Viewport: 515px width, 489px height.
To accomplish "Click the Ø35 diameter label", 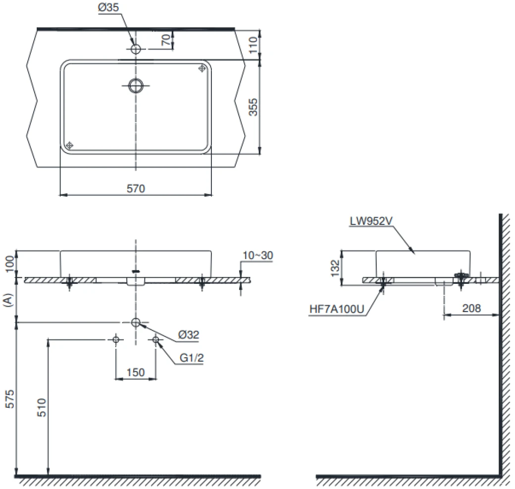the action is pos(108,7).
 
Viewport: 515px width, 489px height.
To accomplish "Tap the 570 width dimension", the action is pos(136,189).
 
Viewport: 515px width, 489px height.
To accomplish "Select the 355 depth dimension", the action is pos(253,107).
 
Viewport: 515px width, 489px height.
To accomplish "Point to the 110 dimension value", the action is pos(253,45).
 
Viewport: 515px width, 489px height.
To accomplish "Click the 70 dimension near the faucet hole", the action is pos(166,40).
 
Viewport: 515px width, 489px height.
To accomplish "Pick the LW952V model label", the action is pos(371,221).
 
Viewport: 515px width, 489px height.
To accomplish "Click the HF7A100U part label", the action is pos(337,309).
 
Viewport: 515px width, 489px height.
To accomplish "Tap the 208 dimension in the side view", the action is pos(471,308).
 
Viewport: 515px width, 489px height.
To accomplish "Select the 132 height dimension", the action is pos(335,268).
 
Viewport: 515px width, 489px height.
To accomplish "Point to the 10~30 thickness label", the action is pos(258,255).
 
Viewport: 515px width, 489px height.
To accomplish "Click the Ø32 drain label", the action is pos(189,335).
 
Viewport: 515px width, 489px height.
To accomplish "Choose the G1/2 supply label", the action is pos(192,358).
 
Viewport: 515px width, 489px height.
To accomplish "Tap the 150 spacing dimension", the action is pos(135,373).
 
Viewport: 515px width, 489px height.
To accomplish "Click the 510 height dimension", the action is pos(42,407).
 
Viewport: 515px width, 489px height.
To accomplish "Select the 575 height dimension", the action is pos(10,399).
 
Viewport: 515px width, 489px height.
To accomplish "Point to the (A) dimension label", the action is pos(8,300).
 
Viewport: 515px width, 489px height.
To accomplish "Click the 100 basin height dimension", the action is pos(10,264).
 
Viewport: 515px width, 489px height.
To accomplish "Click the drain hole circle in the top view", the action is pos(136,86).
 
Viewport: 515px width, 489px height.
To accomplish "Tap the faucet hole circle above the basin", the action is pos(136,49).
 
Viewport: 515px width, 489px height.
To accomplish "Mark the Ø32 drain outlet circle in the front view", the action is pos(136,323).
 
